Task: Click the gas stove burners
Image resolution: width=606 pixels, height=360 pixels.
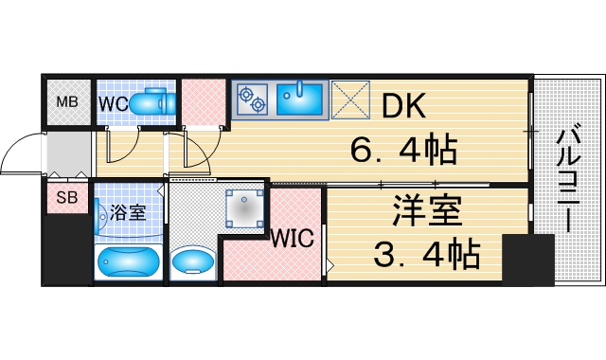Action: click(253, 99)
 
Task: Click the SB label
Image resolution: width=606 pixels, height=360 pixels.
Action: click(67, 198)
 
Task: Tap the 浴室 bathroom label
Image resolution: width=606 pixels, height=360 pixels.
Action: click(128, 212)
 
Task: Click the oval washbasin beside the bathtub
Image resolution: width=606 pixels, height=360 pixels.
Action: click(195, 261)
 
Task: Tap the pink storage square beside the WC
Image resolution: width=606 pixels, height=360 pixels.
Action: click(201, 100)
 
